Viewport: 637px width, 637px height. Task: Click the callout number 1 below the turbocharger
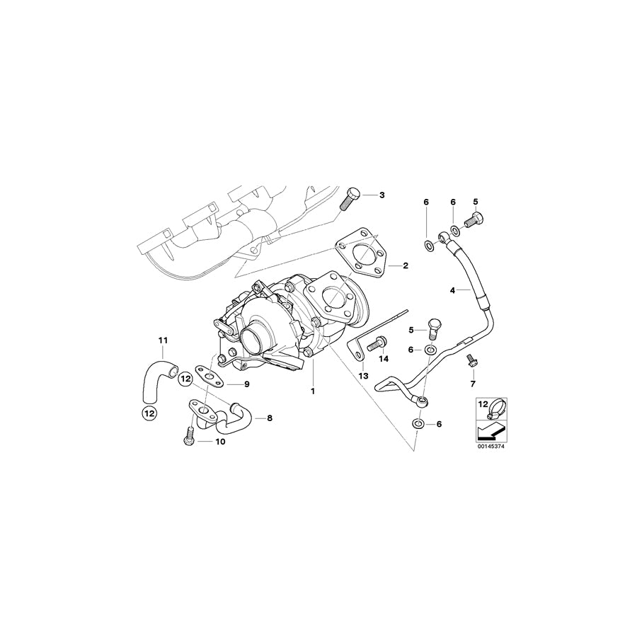click(x=312, y=390)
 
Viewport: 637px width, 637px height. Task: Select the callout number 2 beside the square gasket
click(x=406, y=266)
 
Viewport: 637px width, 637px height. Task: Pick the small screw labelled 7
click(x=470, y=359)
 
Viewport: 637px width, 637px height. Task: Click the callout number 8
click(x=269, y=418)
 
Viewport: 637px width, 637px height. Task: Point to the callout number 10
click(x=220, y=442)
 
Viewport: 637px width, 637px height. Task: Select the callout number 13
click(x=363, y=376)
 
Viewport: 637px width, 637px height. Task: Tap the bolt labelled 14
click(x=377, y=343)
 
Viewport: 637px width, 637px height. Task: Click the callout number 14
click(x=384, y=359)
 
